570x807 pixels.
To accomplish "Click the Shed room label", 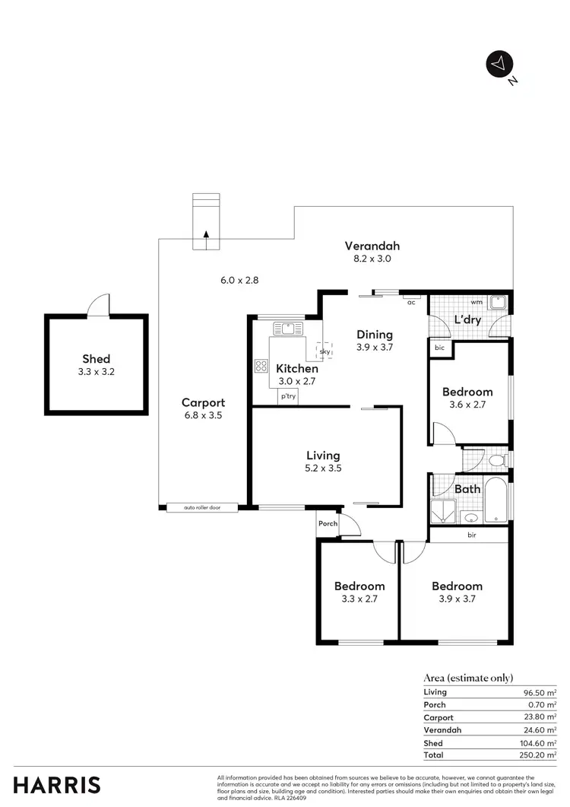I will pyautogui.click(x=97, y=359).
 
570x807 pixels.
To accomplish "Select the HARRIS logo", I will pyautogui.click(x=57, y=785).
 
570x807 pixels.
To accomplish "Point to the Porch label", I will pyautogui.click(x=328, y=523).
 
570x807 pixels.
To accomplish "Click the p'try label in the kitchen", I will pyautogui.click(x=288, y=396).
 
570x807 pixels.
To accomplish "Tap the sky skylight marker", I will pyautogui.click(x=325, y=351).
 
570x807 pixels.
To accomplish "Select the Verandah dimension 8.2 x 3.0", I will pyautogui.click(x=372, y=259).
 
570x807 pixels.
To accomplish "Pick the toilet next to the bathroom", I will pyautogui.click(x=496, y=460).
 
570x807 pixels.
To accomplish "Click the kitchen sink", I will pyautogui.click(x=288, y=328).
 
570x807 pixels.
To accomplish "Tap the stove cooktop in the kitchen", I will pyautogui.click(x=261, y=366).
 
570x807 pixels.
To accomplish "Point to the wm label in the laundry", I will pyautogui.click(x=477, y=301).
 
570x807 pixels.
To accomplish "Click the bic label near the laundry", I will pyautogui.click(x=439, y=348).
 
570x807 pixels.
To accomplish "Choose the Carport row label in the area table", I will pyautogui.click(x=438, y=717).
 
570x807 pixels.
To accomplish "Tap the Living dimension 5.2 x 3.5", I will pyautogui.click(x=324, y=469).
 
